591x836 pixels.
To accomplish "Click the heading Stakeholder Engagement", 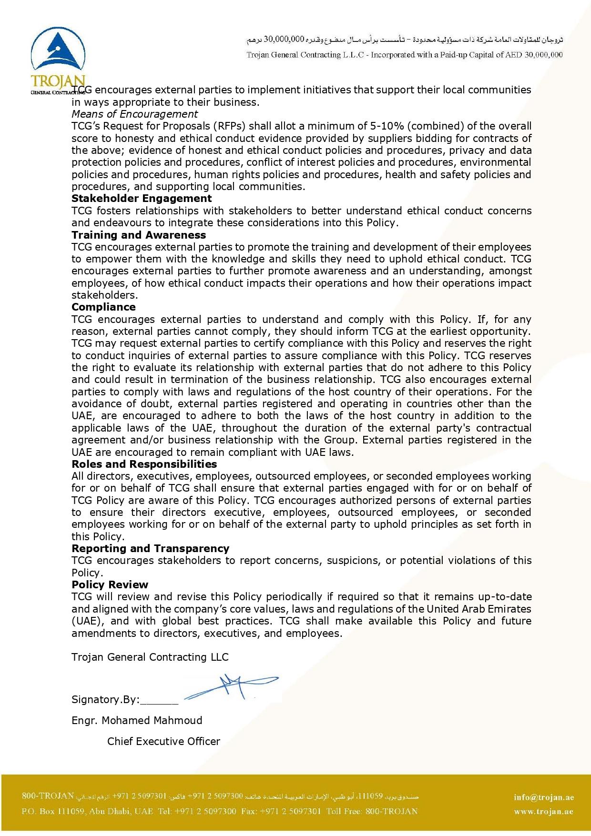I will [x=142, y=199].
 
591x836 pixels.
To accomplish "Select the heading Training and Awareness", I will [x=139, y=235].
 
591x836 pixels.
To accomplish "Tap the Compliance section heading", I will [x=103, y=307].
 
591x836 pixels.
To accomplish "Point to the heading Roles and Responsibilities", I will [x=144, y=464].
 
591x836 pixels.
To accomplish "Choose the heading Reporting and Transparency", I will [x=150, y=548].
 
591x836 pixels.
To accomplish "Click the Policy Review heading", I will [x=110, y=584].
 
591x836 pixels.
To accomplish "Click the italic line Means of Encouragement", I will [x=134, y=114].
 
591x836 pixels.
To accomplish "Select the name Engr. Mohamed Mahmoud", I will [x=137, y=720].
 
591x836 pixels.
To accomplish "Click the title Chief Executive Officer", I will [x=163, y=741].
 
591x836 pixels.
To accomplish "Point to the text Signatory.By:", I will [x=105, y=699].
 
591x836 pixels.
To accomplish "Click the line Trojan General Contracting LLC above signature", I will [x=150, y=657].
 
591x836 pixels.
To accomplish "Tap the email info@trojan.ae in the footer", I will [x=544, y=797].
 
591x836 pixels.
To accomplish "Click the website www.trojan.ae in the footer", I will [x=543, y=812].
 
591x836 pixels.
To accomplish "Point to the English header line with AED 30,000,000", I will [x=404, y=55].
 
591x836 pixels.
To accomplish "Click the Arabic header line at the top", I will [x=404, y=39].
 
